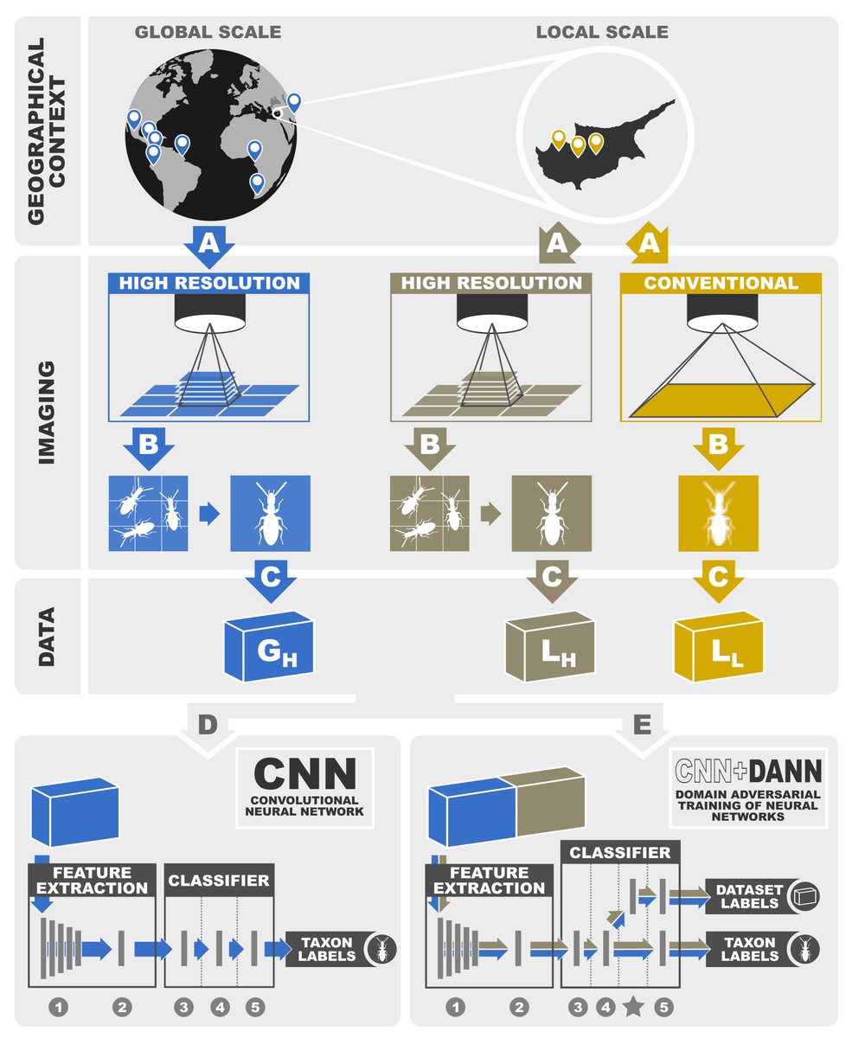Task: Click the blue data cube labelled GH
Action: coord(267,645)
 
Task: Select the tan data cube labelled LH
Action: coord(547,645)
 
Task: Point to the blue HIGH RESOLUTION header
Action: coord(208,284)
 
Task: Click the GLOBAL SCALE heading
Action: coord(208,33)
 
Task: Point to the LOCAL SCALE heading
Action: coord(602,33)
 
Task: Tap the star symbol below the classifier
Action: coord(634,1006)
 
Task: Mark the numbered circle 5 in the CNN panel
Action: coord(254,1007)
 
